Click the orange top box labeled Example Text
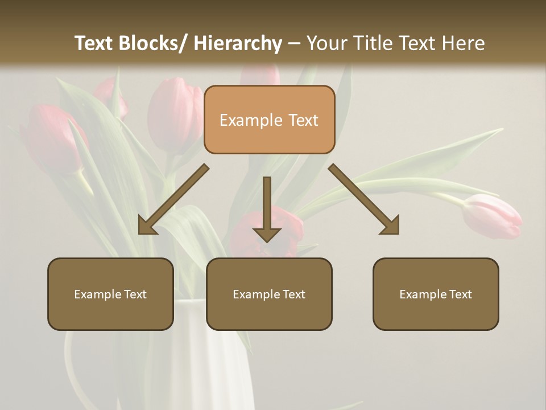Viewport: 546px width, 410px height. (x=269, y=120)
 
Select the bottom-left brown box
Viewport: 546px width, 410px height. (x=110, y=294)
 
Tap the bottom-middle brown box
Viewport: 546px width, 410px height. (x=269, y=294)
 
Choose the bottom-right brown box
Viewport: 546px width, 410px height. (x=436, y=294)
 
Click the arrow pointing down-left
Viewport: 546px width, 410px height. (x=173, y=199)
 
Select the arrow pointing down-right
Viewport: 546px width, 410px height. (x=364, y=199)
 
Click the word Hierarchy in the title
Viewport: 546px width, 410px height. (x=237, y=43)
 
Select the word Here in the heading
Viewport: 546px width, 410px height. (x=462, y=43)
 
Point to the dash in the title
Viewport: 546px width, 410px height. (x=294, y=43)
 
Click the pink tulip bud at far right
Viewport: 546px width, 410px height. (x=493, y=216)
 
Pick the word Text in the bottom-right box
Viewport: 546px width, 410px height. (x=460, y=294)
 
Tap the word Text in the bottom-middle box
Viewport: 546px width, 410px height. (x=293, y=294)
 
